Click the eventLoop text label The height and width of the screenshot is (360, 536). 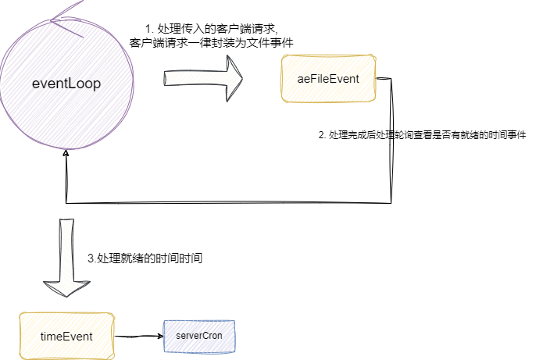click(x=66, y=84)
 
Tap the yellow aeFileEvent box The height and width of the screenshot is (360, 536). click(x=328, y=94)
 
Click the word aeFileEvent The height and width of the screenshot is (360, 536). click(x=328, y=80)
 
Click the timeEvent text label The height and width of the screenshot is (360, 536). click(x=66, y=336)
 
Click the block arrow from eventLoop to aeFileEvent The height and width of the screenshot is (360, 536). click(x=203, y=79)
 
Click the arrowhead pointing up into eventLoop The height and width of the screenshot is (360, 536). click(x=66, y=153)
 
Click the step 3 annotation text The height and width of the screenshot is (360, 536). click(x=145, y=258)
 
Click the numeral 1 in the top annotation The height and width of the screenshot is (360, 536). click(x=148, y=29)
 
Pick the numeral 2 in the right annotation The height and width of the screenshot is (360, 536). click(x=322, y=135)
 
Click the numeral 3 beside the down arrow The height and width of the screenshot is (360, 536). click(x=91, y=258)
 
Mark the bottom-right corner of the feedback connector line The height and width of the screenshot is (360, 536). click(x=391, y=203)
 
